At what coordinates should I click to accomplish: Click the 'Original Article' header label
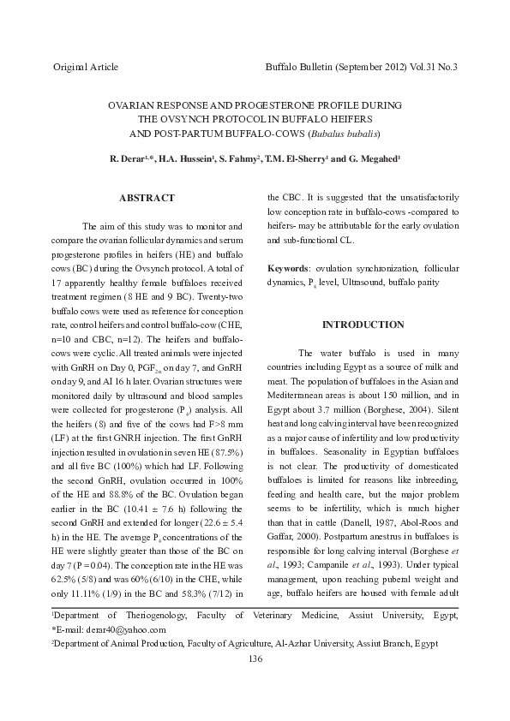pos(86,67)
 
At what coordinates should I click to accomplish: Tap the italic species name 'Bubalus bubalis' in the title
pos(346,134)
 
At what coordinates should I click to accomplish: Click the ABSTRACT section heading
pos(147,198)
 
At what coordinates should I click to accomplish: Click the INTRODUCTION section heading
pos(363,325)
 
